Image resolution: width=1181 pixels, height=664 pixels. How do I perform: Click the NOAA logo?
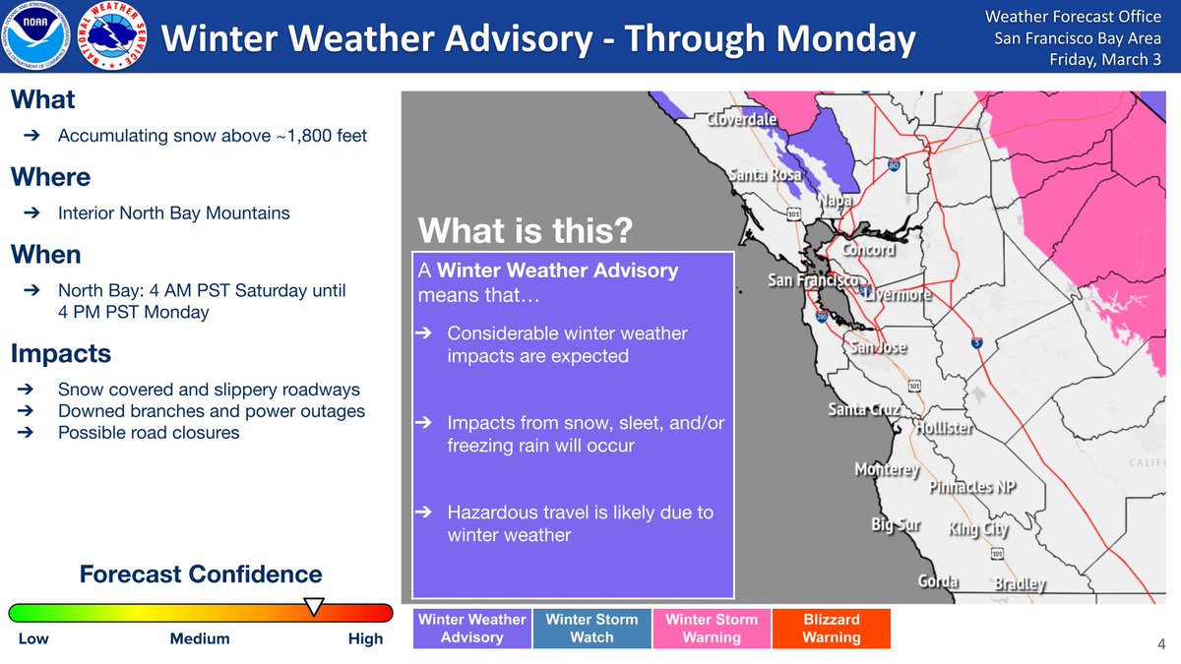coord(35,35)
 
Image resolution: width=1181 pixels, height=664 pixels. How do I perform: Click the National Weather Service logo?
coord(112,35)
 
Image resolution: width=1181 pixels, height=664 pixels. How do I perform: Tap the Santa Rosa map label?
coord(766,174)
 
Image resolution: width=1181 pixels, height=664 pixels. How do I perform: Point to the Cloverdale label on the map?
coord(741,120)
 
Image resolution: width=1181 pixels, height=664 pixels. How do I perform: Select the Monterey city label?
coord(888,469)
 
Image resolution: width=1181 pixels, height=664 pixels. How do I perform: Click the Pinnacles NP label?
coord(972,486)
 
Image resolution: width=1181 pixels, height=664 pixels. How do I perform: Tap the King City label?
coord(978,528)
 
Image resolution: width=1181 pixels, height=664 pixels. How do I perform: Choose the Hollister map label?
coord(944,427)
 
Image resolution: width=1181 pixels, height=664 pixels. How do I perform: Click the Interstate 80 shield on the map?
coord(894,165)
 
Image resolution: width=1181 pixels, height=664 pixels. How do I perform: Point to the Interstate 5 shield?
coord(977,343)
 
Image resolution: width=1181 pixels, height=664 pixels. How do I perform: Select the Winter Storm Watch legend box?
coord(591,629)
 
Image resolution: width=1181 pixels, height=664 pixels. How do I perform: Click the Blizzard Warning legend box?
coord(832,629)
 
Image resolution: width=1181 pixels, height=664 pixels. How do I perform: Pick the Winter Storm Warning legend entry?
coord(712,629)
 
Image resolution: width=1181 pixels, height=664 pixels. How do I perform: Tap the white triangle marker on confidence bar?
coord(314,606)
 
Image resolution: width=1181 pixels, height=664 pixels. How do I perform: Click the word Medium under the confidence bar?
coord(200,638)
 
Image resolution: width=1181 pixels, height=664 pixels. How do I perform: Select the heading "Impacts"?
coord(61,353)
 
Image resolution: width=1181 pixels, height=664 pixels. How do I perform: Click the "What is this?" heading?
coord(526,230)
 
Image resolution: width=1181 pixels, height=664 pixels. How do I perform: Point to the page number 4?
coord(1161,644)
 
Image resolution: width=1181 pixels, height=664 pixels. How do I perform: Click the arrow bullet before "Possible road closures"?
coord(26,433)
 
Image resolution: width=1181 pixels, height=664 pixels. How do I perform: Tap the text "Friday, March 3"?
coord(1105,60)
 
